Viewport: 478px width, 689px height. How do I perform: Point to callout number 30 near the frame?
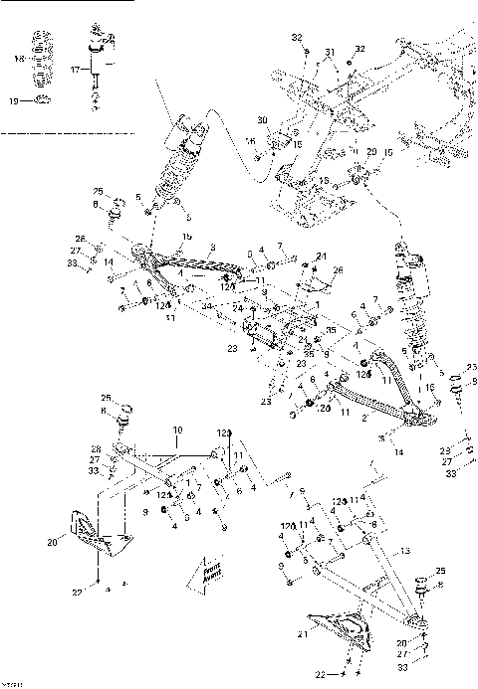[263, 120]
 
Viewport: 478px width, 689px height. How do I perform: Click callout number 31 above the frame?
[331, 53]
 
